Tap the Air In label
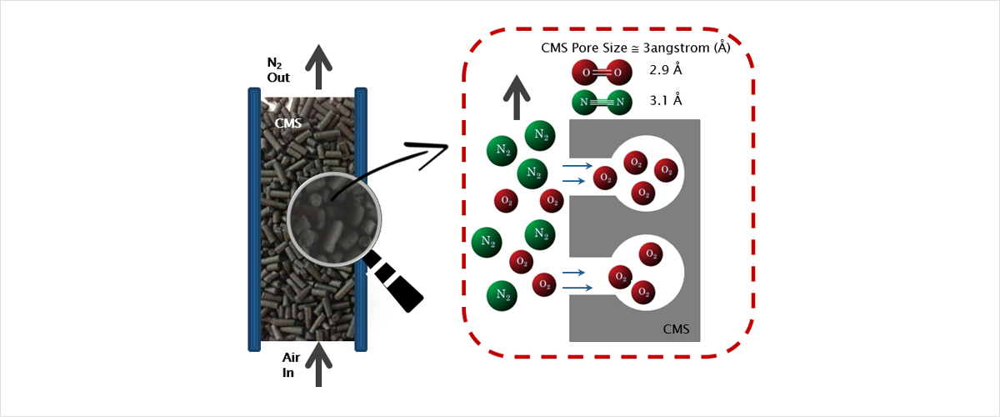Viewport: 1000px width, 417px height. pyautogui.click(x=291, y=365)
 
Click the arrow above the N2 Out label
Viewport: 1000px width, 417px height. pyautogui.click(x=318, y=66)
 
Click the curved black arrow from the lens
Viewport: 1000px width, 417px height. pyautogui.click(x=392, y=167)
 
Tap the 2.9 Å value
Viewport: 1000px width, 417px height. pyautogui.click(x=665, y=70)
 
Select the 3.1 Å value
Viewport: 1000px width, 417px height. pyautogui.click(x=665, y=101)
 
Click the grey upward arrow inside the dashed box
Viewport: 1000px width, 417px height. pyautogui.click(x=517, y=95)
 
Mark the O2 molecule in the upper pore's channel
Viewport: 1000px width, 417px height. pyautogui.click(x=606, y=177)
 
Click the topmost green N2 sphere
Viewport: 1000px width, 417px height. pyautogui.click(x=540, y=134)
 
